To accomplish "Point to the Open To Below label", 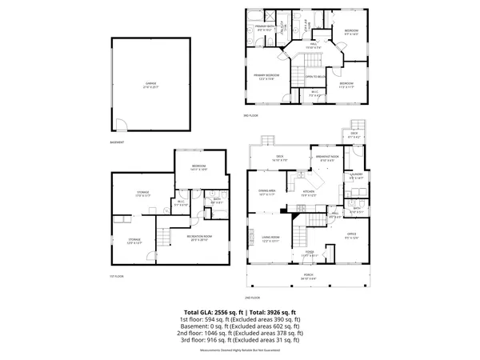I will (x=314, y=78).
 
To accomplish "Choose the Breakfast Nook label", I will (x=328, y=158).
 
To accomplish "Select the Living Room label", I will (x=270, y=238).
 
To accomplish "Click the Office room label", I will (x=351, y=235).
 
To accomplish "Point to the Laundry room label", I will (x=356, y=175).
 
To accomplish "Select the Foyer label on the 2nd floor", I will (x=309, y=254).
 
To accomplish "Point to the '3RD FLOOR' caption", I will (x=251, y=116).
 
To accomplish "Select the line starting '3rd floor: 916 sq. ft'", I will (x=240, y=340).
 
